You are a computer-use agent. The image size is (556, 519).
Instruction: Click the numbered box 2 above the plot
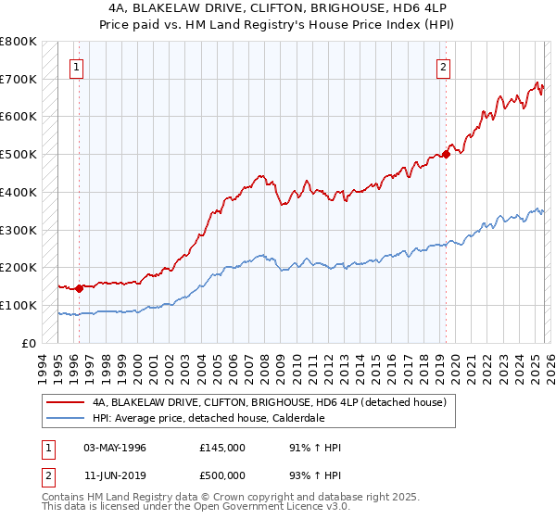[444, 67]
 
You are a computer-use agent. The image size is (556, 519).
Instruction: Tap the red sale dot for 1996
[79, 288]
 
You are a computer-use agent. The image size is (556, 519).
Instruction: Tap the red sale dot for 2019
[446, 155]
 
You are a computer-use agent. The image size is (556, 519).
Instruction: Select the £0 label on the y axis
[30, 343]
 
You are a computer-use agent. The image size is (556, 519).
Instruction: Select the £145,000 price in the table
[222, 449]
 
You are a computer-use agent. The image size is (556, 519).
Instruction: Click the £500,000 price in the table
[222, 475]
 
